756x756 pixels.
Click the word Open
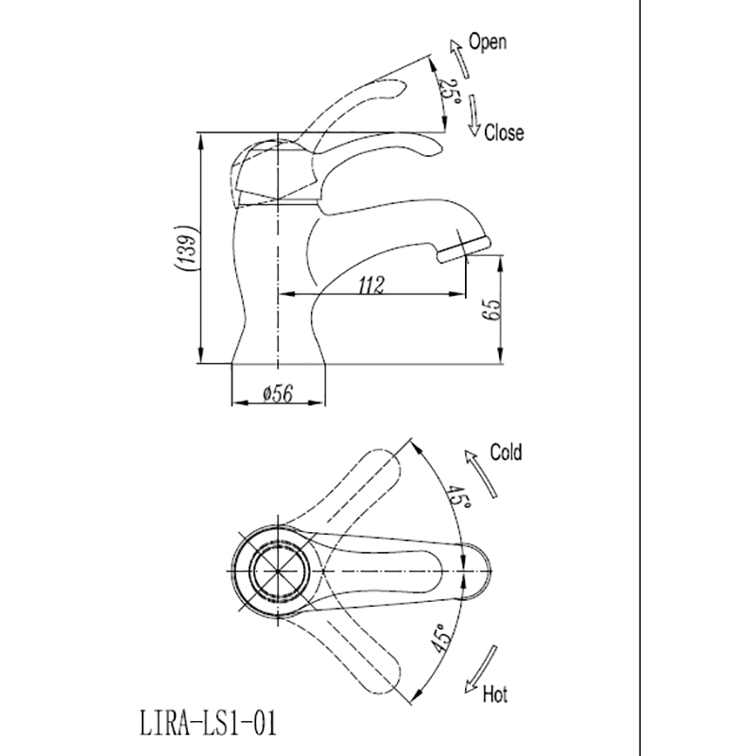coord(488,42)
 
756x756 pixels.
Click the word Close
coord(503,133)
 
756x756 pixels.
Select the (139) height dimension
coord(186,249)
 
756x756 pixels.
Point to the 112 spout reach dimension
coord(371,286)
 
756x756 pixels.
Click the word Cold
coord(506,453)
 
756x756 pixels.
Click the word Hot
coord(495,696)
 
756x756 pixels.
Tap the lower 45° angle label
coord(440,640)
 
